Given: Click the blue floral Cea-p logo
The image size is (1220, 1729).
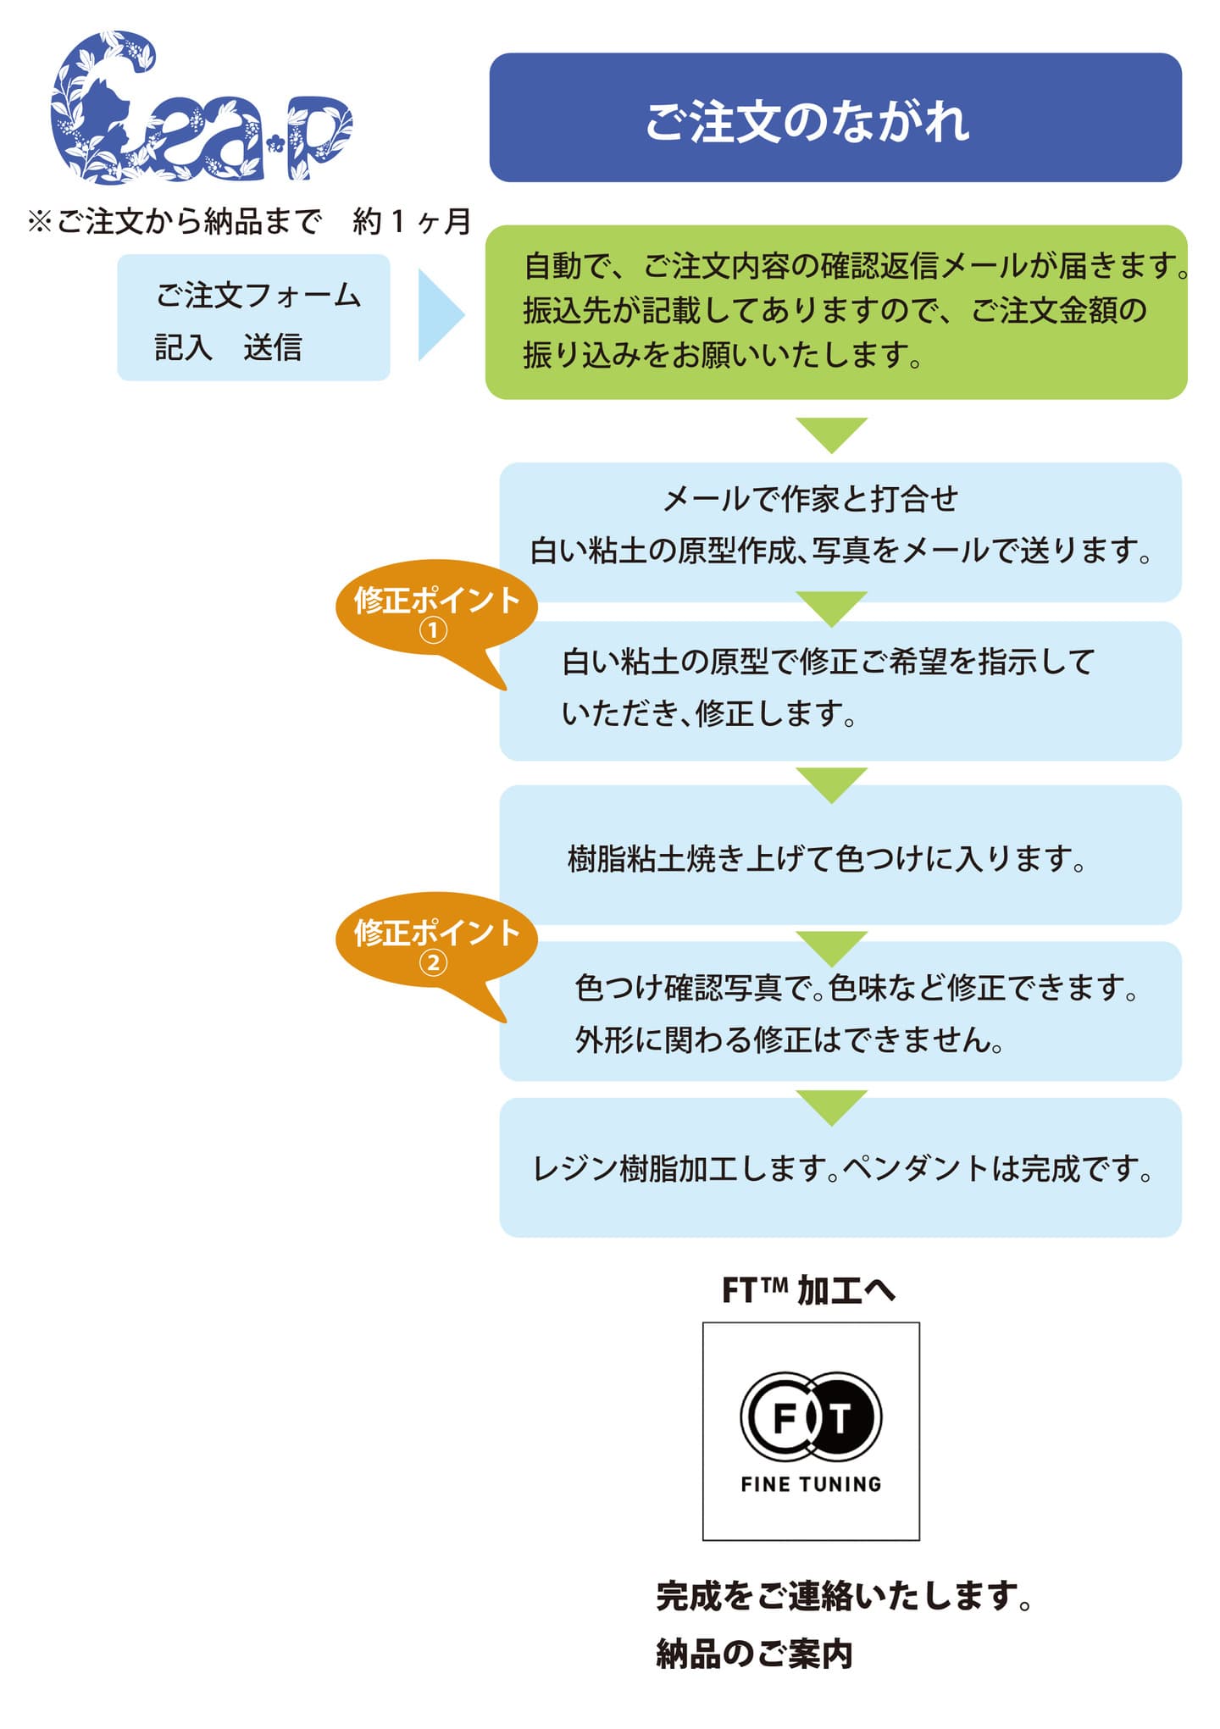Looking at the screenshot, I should point(200,108).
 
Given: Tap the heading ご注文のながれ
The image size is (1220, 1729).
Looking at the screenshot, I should point(807,120).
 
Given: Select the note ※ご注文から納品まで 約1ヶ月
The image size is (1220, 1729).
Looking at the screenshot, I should point(249,222).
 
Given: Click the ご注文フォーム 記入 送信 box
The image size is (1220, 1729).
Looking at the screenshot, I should point(253,318).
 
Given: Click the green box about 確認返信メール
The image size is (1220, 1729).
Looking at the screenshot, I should point(835,312).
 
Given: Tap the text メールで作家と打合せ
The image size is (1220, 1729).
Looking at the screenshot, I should point(810,499).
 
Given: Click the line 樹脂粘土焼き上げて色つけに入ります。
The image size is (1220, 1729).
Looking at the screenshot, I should point(826,859).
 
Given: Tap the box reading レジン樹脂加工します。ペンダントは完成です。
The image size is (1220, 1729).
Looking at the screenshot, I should point(840,1168).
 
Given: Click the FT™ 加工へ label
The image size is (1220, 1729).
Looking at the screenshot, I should point(808,1290).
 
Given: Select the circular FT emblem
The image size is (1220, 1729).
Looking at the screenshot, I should point(811,1417).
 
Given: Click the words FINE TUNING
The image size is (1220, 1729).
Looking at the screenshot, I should point(811,1484).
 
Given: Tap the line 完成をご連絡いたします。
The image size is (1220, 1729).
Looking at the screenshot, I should point(844,1596).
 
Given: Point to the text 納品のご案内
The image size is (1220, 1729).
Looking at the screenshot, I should point(754,1654).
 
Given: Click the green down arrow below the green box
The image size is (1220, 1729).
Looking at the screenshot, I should point(832,433).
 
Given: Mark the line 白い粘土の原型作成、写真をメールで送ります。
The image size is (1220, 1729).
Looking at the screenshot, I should point(840,551).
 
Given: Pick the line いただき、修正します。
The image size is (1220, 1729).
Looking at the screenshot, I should point(709,713).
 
